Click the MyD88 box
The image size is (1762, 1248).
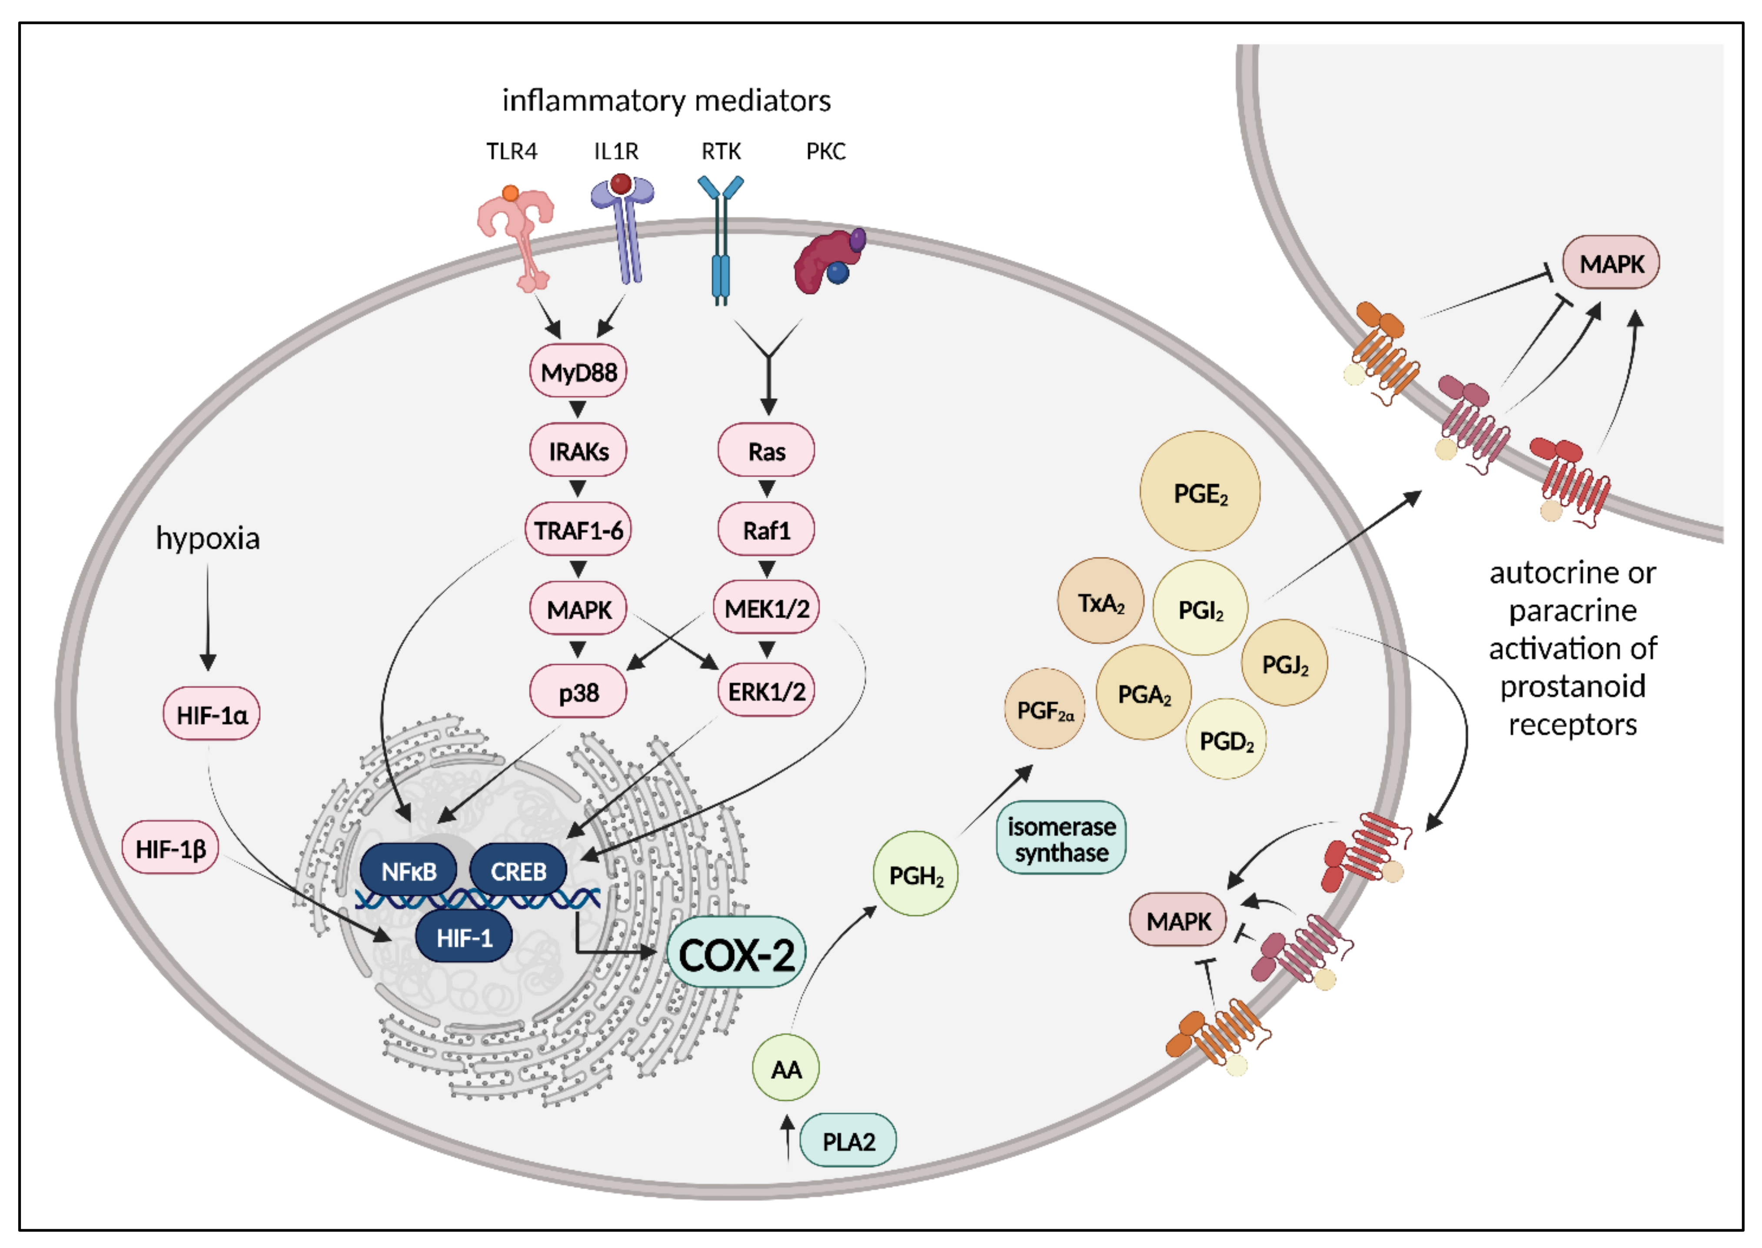tap(578, 372)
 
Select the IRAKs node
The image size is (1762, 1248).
tap(578, 451)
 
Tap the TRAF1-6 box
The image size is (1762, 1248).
tap(578, 530)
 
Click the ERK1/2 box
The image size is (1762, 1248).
tap(766, 691)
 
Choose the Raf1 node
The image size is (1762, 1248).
tap(766, 530)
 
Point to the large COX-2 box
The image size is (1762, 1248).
tap(736, 955)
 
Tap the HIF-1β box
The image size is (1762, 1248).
tap(170, 849)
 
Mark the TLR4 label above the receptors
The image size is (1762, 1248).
tap(511, 151)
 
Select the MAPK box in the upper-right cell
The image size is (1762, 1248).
tap(1611, 263)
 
